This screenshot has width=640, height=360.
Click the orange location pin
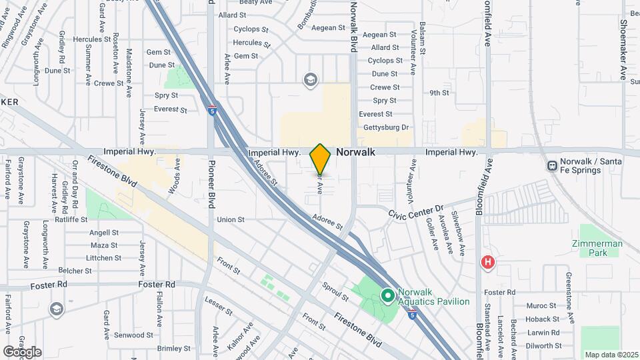coord(320,159)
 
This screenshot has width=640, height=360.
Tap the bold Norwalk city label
coord(355,152)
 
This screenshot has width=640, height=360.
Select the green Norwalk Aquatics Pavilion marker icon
coord(387,294)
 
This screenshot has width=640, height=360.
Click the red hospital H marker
coord(488,263)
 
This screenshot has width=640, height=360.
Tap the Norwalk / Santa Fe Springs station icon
coord(552,165)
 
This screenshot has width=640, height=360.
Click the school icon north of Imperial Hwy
coord(309,81)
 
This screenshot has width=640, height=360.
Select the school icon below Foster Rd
coord(57,308)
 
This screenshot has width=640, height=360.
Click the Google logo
coord(21,352)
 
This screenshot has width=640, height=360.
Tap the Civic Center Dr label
coord(416,211)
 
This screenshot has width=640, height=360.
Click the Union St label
coord(231,219)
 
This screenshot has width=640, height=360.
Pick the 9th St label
coord(439,93)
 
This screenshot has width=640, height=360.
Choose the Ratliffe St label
coord(71,219)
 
